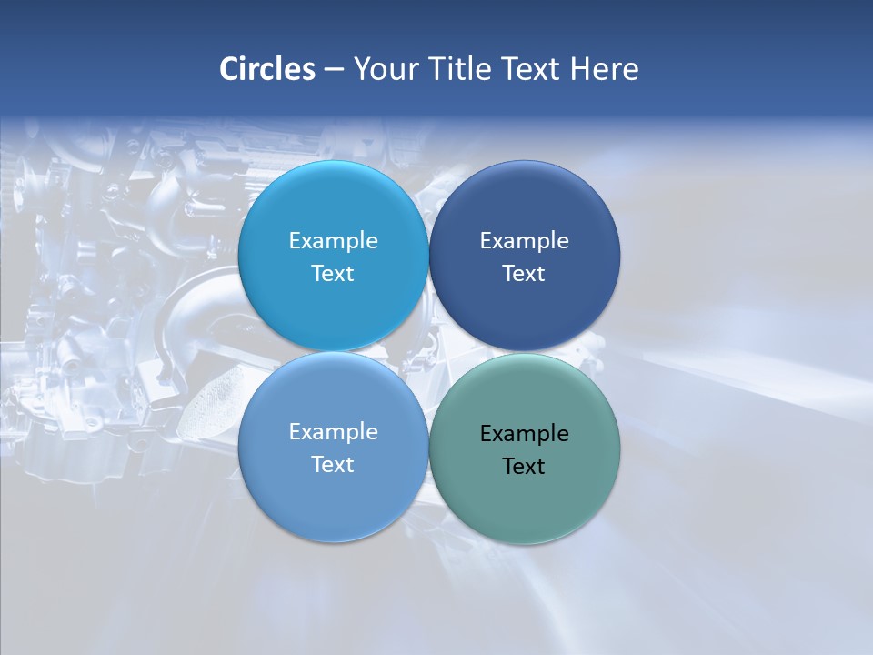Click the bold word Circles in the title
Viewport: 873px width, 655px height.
tap(267, 69)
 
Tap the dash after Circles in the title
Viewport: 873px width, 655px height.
tap(334, 70)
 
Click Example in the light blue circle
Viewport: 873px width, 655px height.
tap(333, 241)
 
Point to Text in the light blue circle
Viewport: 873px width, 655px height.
tap(333, 274)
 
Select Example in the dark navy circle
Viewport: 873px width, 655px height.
tap(524, 241)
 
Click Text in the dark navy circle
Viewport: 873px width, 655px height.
tap(524, 274)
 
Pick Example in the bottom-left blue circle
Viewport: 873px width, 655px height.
tap(333, 432)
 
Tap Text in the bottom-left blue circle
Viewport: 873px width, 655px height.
tap(333, 465)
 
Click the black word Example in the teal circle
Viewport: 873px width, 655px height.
tap(524, 434)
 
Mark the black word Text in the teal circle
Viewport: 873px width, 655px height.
tap(524, 467)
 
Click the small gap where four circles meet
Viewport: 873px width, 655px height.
tap(428, 351)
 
